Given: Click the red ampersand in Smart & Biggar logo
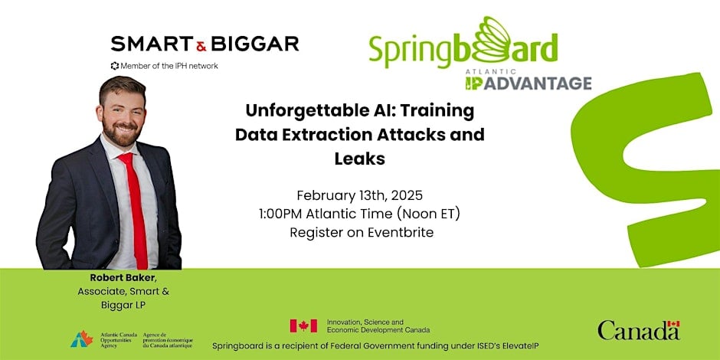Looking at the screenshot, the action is coord(201,45).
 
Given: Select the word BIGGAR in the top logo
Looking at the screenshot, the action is coord(255,44).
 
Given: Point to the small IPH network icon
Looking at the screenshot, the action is coord(115,66).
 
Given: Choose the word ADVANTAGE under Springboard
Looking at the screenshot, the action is coord(538,83).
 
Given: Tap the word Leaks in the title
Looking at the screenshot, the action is coord(359,159).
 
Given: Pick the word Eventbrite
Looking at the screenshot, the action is coord(401,233).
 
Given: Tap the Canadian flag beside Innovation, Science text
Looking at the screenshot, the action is coord(303,326).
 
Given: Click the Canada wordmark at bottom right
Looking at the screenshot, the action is coord(639,330).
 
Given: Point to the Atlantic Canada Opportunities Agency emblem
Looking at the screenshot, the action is coord(82,339).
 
